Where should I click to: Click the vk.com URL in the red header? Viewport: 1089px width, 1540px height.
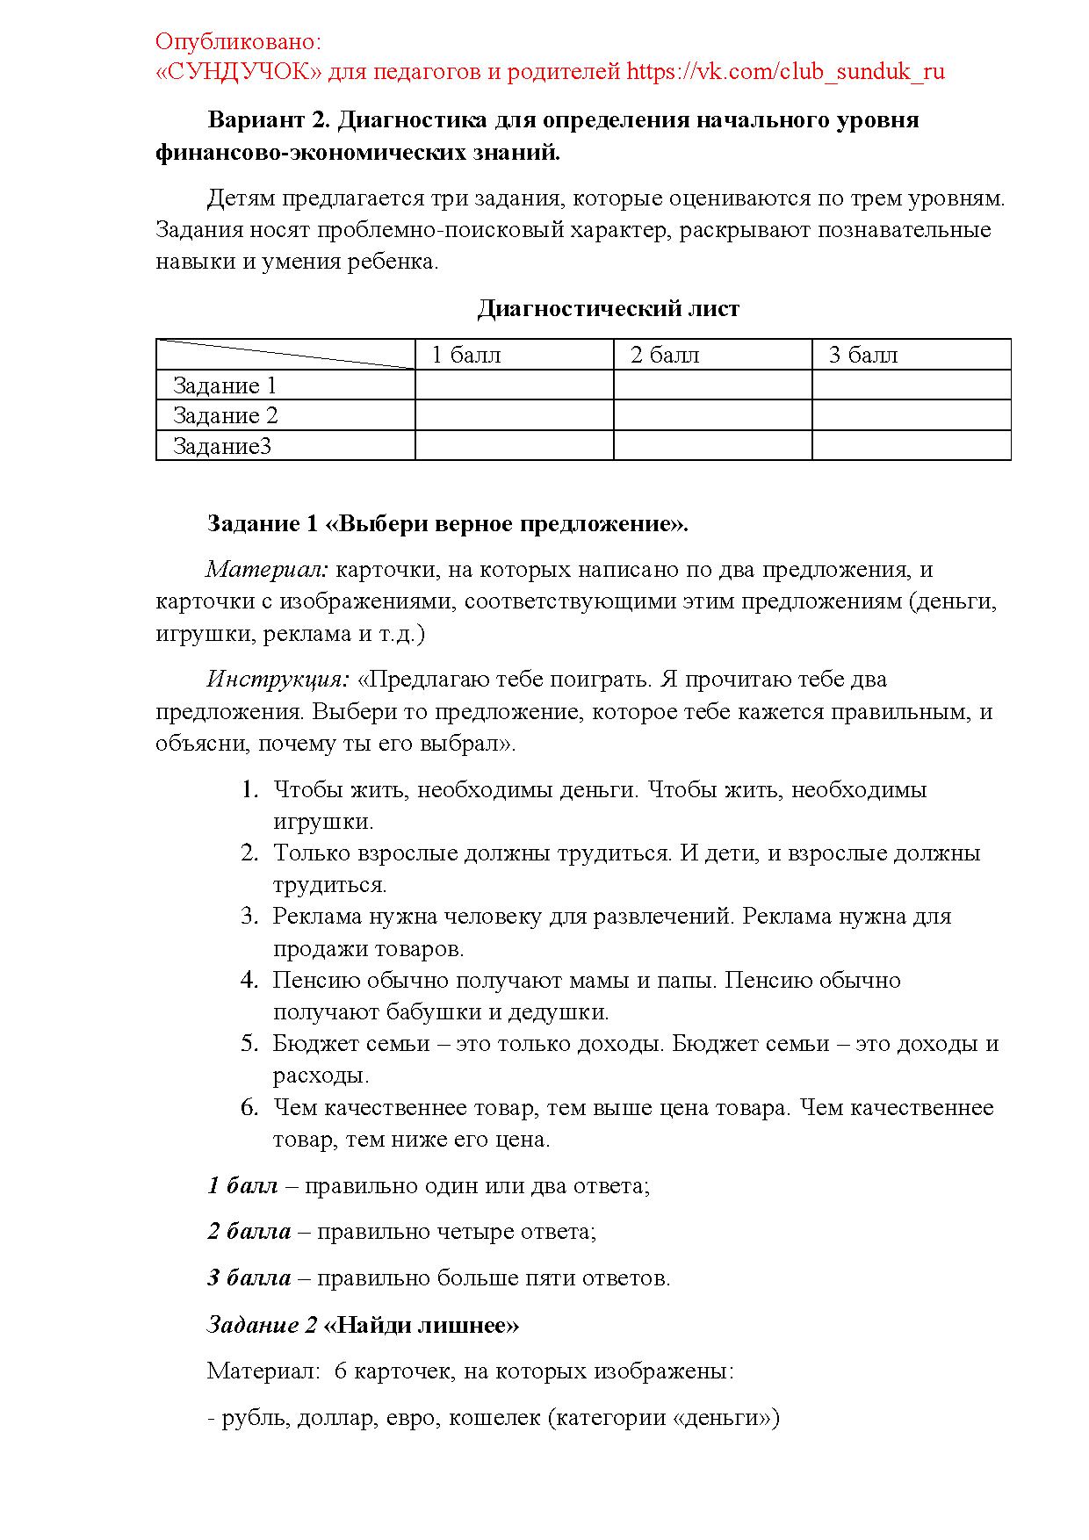click(x=785, y=71)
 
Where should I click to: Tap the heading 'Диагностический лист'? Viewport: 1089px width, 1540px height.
click(x=608, y=309)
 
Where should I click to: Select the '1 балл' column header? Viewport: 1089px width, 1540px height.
click(x=466, y=355)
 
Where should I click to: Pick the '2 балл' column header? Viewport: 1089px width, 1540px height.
click(x=665, y=355)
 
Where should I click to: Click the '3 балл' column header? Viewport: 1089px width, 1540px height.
click(x=863, y=355)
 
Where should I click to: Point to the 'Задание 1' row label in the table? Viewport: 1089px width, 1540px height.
click(x=225, y=385)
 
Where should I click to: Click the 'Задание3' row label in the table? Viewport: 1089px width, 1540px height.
click(x=222, y=446)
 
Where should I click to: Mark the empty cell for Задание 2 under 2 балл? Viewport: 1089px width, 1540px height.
click(x=712, y=415)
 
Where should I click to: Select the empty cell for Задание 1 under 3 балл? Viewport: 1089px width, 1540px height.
click(x=911, y=385)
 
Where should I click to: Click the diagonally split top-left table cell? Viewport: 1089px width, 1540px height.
click(x=285, y=354)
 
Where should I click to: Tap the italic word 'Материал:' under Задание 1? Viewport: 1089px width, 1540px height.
click(x=267, y=569)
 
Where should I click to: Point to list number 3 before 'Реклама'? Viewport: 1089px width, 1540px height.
click(x=249, y=916)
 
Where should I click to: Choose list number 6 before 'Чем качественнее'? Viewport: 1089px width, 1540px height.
click(x=249, y=1107)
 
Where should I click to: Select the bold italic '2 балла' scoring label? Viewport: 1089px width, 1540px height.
click(x=249, y=1231)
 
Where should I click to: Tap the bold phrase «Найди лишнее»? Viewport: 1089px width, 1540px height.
click(x=422, y=1324)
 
